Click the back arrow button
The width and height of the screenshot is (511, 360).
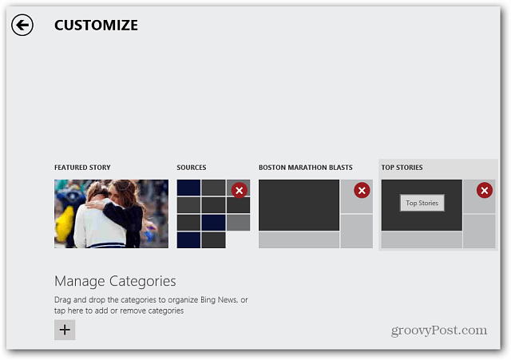click(x=22, y=25)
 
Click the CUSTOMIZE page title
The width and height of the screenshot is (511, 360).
click(x=96, y=26)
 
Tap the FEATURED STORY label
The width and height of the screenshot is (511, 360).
click(x=82, y=168)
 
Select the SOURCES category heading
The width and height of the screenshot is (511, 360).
click(x=192, y=168)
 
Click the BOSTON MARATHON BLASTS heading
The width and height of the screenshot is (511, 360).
click(x=306, y=168)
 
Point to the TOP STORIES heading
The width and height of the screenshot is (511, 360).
click(x=402, y=168)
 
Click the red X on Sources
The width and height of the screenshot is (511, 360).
click(x=240, y=190)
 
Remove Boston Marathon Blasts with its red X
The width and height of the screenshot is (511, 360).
click(x=362, y=190)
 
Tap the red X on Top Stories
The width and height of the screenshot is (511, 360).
click(x=485, y=190)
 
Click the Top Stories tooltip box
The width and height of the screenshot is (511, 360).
click(x=422, y=203)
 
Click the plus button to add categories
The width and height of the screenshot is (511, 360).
click(x=65, y=330)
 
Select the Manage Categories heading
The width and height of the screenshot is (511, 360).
click(x=115, y=281)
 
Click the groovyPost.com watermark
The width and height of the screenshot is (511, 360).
click(x=439, y=330)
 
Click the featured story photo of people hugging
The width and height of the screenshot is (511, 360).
click(x=112, y=214)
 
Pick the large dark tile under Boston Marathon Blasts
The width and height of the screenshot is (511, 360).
click(x=299, y=205)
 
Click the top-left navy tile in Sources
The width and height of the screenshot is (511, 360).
click(x=188, y=188)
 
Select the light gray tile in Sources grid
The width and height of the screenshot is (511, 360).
click(x=239, y=223)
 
